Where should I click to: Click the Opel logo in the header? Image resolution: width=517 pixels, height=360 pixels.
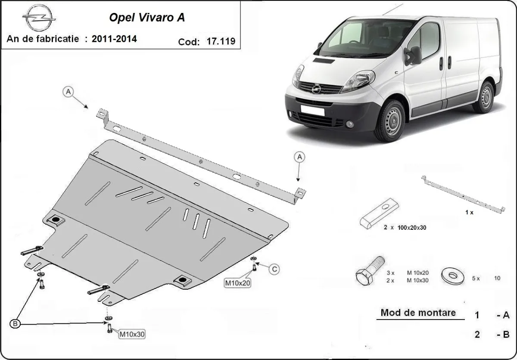(39, 19)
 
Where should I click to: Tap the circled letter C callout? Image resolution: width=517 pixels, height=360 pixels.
(274, 269)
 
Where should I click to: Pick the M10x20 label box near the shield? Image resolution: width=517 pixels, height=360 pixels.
(237, 283)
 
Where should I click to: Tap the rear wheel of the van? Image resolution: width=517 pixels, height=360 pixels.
(486, 97)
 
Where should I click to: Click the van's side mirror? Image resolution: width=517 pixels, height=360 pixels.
(414, 55)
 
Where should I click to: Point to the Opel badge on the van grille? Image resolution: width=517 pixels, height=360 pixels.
(316, 88)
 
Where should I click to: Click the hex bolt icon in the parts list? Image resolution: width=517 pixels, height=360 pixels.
(370, 270)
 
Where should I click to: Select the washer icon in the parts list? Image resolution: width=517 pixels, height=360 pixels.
(453, 275)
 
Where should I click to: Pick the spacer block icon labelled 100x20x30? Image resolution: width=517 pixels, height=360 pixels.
(380, 215)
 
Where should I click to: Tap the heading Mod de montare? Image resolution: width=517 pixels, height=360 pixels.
(418, 313)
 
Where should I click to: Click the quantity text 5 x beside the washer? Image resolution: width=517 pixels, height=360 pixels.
(476, 279)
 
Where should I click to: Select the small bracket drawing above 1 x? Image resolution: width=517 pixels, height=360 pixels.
(463, 194)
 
